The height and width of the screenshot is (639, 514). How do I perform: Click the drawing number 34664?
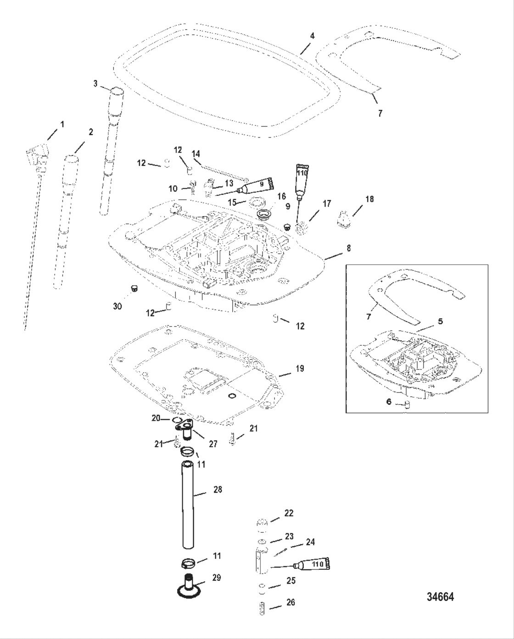pyautogui.click(x=440, y=597)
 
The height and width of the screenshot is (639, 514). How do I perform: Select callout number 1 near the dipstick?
pyautogui.click(x=62, y=124)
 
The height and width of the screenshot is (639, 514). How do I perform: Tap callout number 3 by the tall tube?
pyautogui.click(x=95, y=83)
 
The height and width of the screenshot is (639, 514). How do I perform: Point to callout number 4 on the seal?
pyautogui.click(x=312, y=35)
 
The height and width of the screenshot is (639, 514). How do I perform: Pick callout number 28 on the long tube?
pyautogui.click(x=218, y=490)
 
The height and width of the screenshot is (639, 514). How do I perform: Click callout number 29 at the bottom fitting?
pyautogui.click(x=217, y=578)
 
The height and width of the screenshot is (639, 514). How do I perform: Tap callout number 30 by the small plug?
pyautogui.click(x=117, y=306)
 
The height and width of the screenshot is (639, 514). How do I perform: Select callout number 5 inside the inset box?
pyautogui.click(x=440, y=321)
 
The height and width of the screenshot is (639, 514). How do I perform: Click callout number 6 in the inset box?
pyautogui.click(x=389, y=402)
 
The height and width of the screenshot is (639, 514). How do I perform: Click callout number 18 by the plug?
pyautogui.click(x=369, y=199)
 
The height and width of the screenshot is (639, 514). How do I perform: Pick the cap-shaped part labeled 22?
pyautogui.click(x=262, y=523)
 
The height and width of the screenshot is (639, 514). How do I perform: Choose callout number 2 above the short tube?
pyautogui.click(x=90, y=132)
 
